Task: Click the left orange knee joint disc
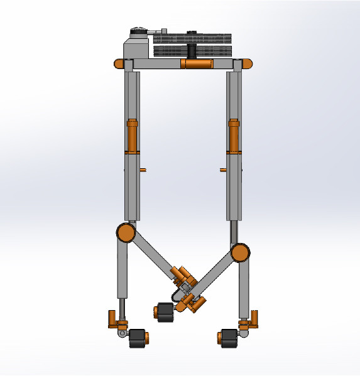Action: tap(126, 233)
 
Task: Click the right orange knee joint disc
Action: tap(239, 253)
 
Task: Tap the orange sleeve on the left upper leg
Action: tap(132, 136)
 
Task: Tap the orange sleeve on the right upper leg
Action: tap(233, 136)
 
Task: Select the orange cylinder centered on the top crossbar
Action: tap(197, 63)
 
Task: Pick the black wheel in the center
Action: tap(165, 312)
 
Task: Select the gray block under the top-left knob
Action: tap(136, 49)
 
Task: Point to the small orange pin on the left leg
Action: tap(144, 169)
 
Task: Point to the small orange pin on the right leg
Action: tap(222, 169)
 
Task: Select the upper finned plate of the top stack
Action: tap(192, 38)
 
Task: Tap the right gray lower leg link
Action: tap(243, 289)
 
